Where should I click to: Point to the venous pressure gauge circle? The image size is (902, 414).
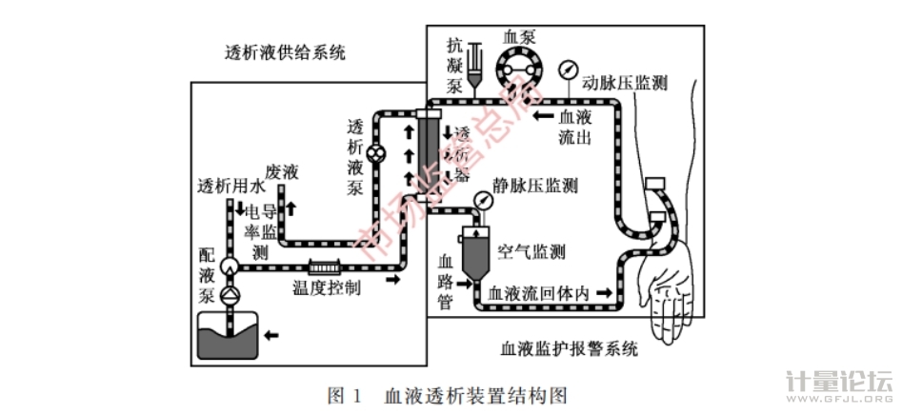coord(483,203)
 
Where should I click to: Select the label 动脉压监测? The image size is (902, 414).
coord(624,83)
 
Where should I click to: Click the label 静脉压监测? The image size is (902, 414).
coord(534,186)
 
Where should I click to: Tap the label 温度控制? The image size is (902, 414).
coord(326,288)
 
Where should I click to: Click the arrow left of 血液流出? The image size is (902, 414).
coord(544,115)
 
